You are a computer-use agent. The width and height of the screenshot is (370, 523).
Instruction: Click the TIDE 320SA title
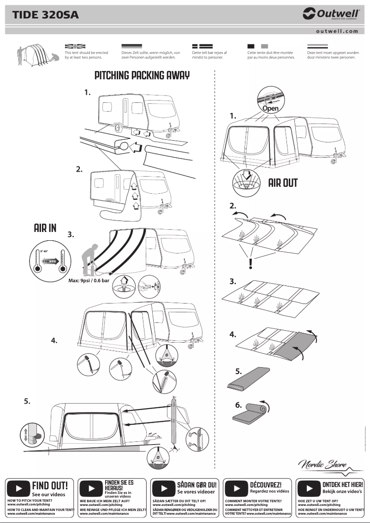click(45, 15)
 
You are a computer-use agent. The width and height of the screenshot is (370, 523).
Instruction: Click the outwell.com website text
click(337, 31)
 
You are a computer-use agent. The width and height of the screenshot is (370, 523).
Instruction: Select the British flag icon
click(75, 46)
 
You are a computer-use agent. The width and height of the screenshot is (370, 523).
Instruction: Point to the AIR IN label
click(45, 228)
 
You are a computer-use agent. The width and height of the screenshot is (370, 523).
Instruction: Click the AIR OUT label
click(283, 183)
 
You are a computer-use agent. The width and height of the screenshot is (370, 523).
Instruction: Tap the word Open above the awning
click(270, 108)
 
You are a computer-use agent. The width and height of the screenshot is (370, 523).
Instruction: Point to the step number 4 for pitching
click(54, 341)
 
